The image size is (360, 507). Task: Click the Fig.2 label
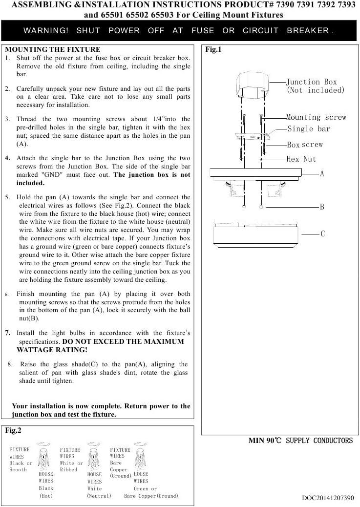pyautogui.click(x=13, y=431)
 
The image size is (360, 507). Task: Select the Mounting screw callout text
pyautogui.click(x=316, y=117)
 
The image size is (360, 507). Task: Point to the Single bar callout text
pyautogui.click(x=309, y=129)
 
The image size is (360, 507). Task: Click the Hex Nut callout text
pyautogui.click(x=301, y=159)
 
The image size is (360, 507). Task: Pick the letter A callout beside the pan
pyautogui.click(x=322, y=173)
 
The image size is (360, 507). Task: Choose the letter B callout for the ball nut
pyautogui.click(x=322, y=207)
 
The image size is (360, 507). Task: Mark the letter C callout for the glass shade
pyautogui.click(x=322, y=234)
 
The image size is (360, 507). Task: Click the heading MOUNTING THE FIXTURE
pyautogui.click(x=52, y=49)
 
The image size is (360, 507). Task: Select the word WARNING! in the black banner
pyautogui.click(x=46, y=30)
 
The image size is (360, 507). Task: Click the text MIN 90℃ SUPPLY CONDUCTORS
pyautogui.click(x=300, y=441)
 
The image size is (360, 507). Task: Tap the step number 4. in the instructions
pyautogui.click(x=8, y=158)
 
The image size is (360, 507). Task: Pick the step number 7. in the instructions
pyautogui.click(x=8, y=333)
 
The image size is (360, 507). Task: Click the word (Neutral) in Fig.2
pyautogui.click(x=99, y=496)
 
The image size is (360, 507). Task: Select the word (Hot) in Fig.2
pyautogui.click(x=46, y=496)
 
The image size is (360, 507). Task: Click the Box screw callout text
pyautogui.click(x=305, y=145)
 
